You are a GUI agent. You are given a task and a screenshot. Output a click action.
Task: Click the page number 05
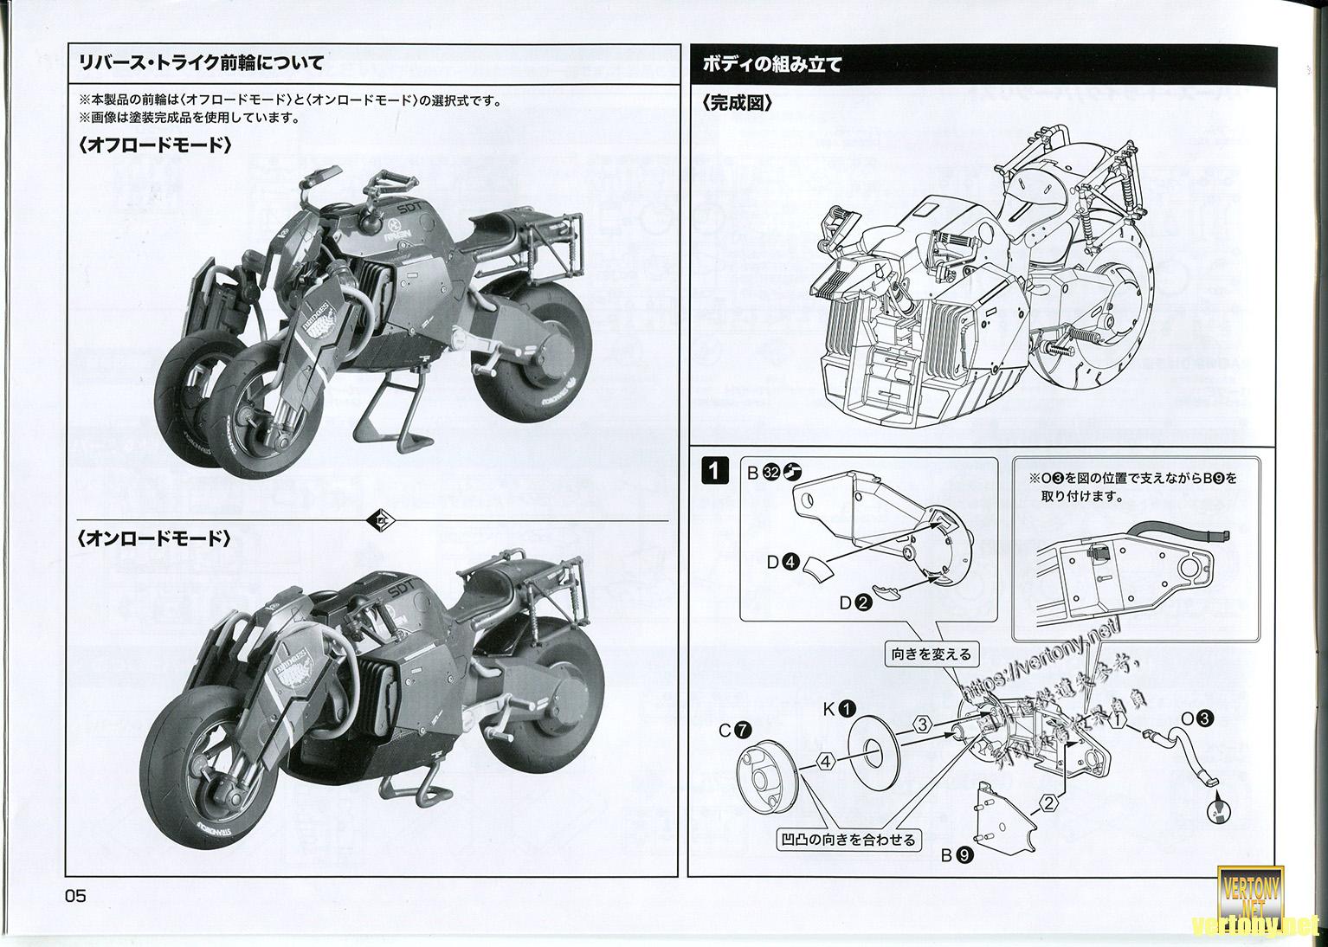pos(75,896)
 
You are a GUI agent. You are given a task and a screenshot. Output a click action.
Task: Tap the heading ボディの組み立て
pos(773,63)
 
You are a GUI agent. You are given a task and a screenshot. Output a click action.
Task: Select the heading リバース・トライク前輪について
pos(201,62)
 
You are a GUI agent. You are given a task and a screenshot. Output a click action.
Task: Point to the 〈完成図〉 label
pos(737,103)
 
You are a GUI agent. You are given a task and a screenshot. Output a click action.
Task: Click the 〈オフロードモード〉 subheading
pos(154,145)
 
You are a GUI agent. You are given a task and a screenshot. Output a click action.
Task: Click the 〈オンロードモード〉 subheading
pos(154,538)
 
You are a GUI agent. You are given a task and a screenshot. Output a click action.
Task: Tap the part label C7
pos(736,730)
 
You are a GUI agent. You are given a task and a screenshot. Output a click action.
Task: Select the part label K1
pos(838,708)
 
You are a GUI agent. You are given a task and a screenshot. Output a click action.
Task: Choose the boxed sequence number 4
pos(826,762)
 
